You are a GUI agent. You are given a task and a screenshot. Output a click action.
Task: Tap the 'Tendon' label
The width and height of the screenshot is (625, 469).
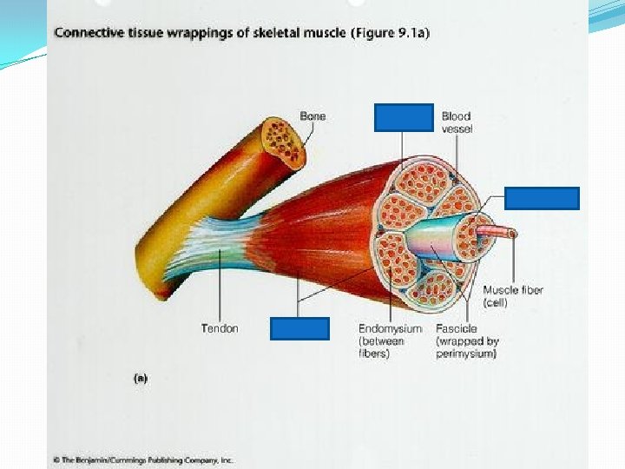(220, 328)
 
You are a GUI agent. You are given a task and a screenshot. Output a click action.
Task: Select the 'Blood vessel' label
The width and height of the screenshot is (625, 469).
(456, 122)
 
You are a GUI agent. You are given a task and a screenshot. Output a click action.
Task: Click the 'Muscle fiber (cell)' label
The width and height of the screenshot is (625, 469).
(513, 296)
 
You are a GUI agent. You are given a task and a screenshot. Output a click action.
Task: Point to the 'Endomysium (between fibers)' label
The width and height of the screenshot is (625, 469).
(390, 340)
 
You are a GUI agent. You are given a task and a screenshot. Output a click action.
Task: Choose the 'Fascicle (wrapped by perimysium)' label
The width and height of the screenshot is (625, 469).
(467, 340)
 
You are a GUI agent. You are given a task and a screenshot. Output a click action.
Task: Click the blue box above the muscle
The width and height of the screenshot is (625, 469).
(403, 117)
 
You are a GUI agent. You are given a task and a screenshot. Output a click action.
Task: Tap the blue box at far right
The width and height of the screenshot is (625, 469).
(542, 198)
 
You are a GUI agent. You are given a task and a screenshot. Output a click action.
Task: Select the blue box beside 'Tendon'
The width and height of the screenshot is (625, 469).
(299, 328)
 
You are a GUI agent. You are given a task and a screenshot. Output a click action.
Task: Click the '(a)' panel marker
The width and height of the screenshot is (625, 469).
(139, 379)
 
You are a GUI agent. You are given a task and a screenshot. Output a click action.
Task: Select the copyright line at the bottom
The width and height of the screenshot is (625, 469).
(143, 459)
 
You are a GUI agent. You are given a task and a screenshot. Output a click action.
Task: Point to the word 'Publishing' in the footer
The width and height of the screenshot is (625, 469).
(159, 459)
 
